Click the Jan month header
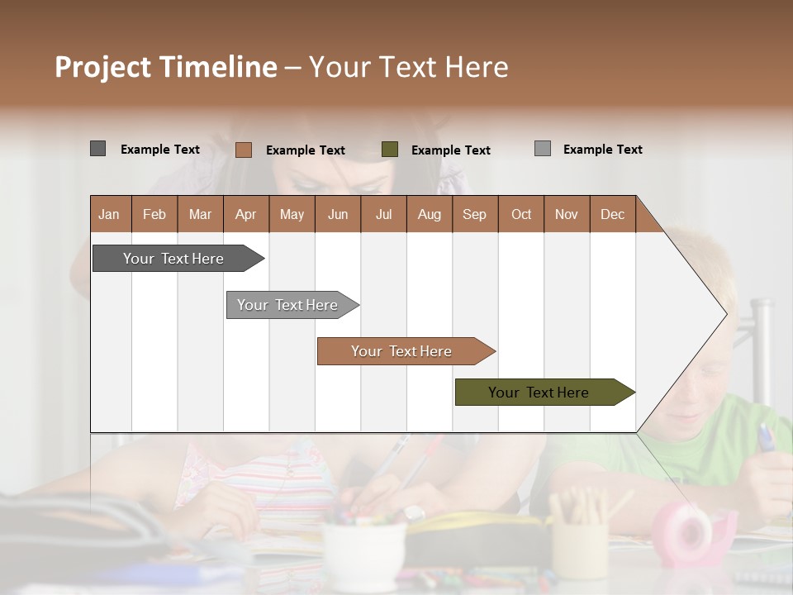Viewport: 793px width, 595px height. [110, 214]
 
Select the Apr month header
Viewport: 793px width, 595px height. [246, 214]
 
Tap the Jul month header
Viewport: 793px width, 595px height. [383, 214]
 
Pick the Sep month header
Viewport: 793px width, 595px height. [474, 214]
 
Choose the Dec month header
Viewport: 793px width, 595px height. [612, 214]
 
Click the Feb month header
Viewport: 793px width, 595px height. [154, 214]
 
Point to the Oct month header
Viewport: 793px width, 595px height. [521, 214]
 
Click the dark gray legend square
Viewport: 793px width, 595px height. [97, 149]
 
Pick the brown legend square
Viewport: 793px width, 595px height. [244, 150]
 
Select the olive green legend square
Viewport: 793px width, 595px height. [390, 150]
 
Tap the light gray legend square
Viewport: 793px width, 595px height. [543, 149]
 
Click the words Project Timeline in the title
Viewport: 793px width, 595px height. [166, 67]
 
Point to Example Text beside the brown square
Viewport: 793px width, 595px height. [305, 150]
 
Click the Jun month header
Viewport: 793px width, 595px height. [338, 214]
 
